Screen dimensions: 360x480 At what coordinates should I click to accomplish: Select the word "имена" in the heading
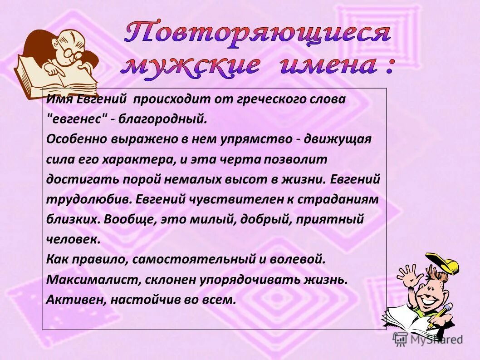tap(327, 66)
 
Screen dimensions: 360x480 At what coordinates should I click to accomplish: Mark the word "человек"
tap(73, 239)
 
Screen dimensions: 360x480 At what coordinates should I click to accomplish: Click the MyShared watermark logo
tap(428, 339)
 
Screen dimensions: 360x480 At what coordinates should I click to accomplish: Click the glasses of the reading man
tap(72, 52)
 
